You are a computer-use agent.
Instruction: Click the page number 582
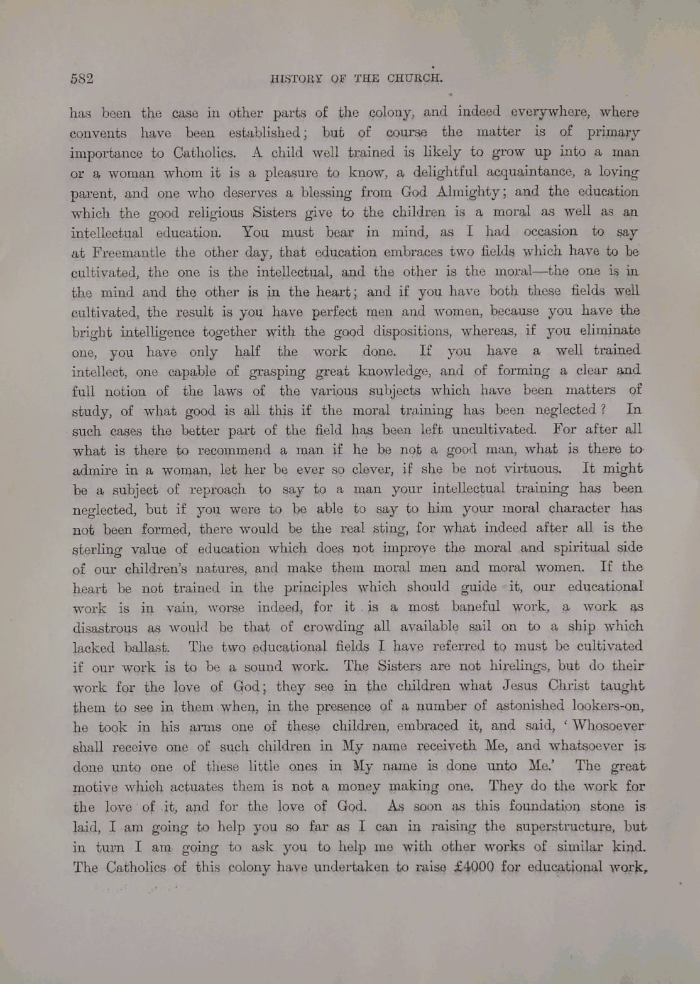(x=82, y=79)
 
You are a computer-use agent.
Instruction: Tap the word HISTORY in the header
(x=296, y=79)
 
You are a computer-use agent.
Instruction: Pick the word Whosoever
(x=606, y=725)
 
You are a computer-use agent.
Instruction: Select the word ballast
(x=146, y=648)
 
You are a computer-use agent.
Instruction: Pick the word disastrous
(x=105, y=628)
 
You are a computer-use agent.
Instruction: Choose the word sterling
(x=97, y=549)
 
